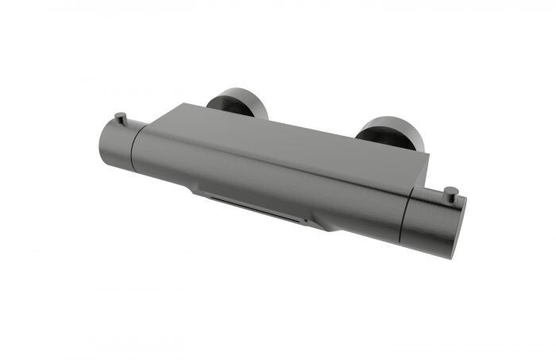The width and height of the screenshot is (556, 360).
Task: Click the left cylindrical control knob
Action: coord(118,142)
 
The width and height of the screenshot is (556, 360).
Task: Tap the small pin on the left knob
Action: coord(118,117)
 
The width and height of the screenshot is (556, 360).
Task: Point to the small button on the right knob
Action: coord(450,192)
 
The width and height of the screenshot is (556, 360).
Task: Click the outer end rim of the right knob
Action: coord(458,229)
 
